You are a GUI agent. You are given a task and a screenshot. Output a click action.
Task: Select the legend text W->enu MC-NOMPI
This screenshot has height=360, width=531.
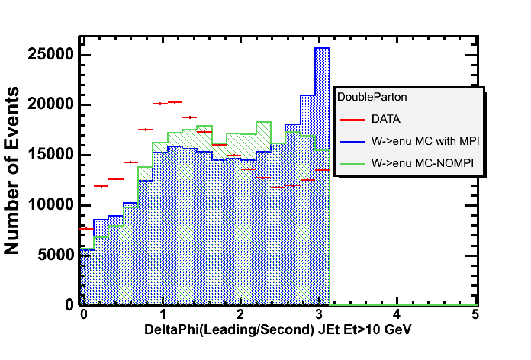pos(418,162)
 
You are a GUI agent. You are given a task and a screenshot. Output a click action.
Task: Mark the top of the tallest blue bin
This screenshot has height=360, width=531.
pos(322,48)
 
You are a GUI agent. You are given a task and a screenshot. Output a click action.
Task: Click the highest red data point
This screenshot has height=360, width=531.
pos(175,101)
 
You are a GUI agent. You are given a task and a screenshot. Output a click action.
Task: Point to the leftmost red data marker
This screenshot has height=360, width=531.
pos(86,228)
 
